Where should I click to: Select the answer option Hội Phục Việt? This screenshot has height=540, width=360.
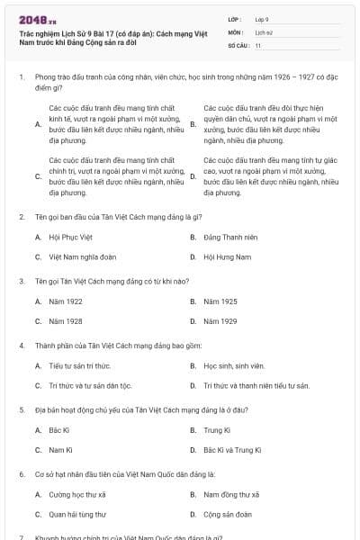pyautogui.click(x=70, y=237)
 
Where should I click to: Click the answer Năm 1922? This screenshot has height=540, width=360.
pyautogui.click(x=66, y=301)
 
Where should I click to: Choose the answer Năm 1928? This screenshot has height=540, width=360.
pyautogui.click(x=66, y=320)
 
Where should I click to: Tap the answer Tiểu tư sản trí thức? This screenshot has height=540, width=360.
pyautogui.click(x=79, y=365)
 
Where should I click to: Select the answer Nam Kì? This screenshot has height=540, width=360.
pyautogui.click(x=60, y=449)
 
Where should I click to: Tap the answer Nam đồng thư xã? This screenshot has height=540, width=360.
pyautogui.click(x=231, y=494)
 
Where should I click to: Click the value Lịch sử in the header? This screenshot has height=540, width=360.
pyautogui.click(x=263, y=31)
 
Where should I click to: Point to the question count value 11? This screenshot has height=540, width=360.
pyautogui.click(x=258, y=44)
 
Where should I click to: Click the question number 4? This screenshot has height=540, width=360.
pyautogui.click(x=22, y=346)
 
